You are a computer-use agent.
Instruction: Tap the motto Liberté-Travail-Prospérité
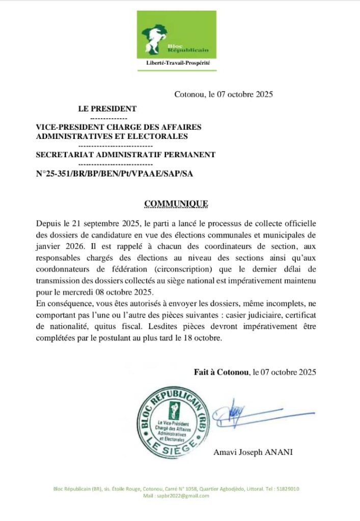coord(178,63)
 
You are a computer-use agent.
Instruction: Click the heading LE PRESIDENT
coord(107,108)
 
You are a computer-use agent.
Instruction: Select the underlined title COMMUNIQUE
coord(176,204)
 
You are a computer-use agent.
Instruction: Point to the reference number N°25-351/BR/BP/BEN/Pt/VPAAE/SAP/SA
coord(115,173)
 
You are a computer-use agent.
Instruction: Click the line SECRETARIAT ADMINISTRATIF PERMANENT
coord(125,155)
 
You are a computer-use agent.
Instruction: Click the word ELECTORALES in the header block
coord(160,136)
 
